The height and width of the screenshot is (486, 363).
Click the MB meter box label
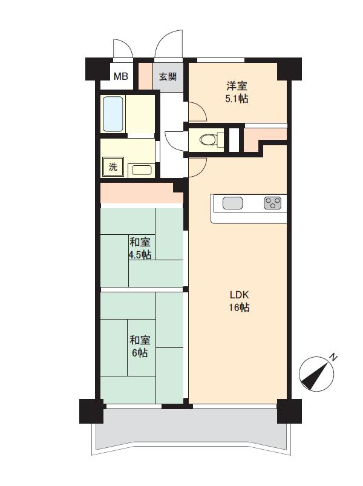click(x=121, y=76)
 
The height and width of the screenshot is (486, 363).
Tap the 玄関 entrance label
click(x=168, y=76)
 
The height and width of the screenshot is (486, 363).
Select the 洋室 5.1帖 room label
click(x=237, y=92)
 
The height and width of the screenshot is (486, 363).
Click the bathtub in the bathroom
click(x=113, y=114)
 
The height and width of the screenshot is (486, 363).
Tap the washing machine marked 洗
click(x=113, y=167)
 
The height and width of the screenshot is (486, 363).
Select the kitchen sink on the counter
click(x=232, y=203)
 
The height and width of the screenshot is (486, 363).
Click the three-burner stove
click(x=273, y=203)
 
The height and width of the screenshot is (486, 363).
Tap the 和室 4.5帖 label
click(x=140, y=248)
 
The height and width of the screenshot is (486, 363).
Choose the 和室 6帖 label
click(x=140, y=346)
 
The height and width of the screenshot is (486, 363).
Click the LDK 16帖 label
click(x=240, y=301)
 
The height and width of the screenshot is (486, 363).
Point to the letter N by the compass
click(x=333, y=357)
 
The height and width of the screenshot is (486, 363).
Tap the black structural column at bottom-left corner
click(x=91, y=412)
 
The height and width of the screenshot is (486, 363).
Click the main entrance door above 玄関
click(x=169, y=44)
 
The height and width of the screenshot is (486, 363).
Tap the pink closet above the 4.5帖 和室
click(x=142, y=194)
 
